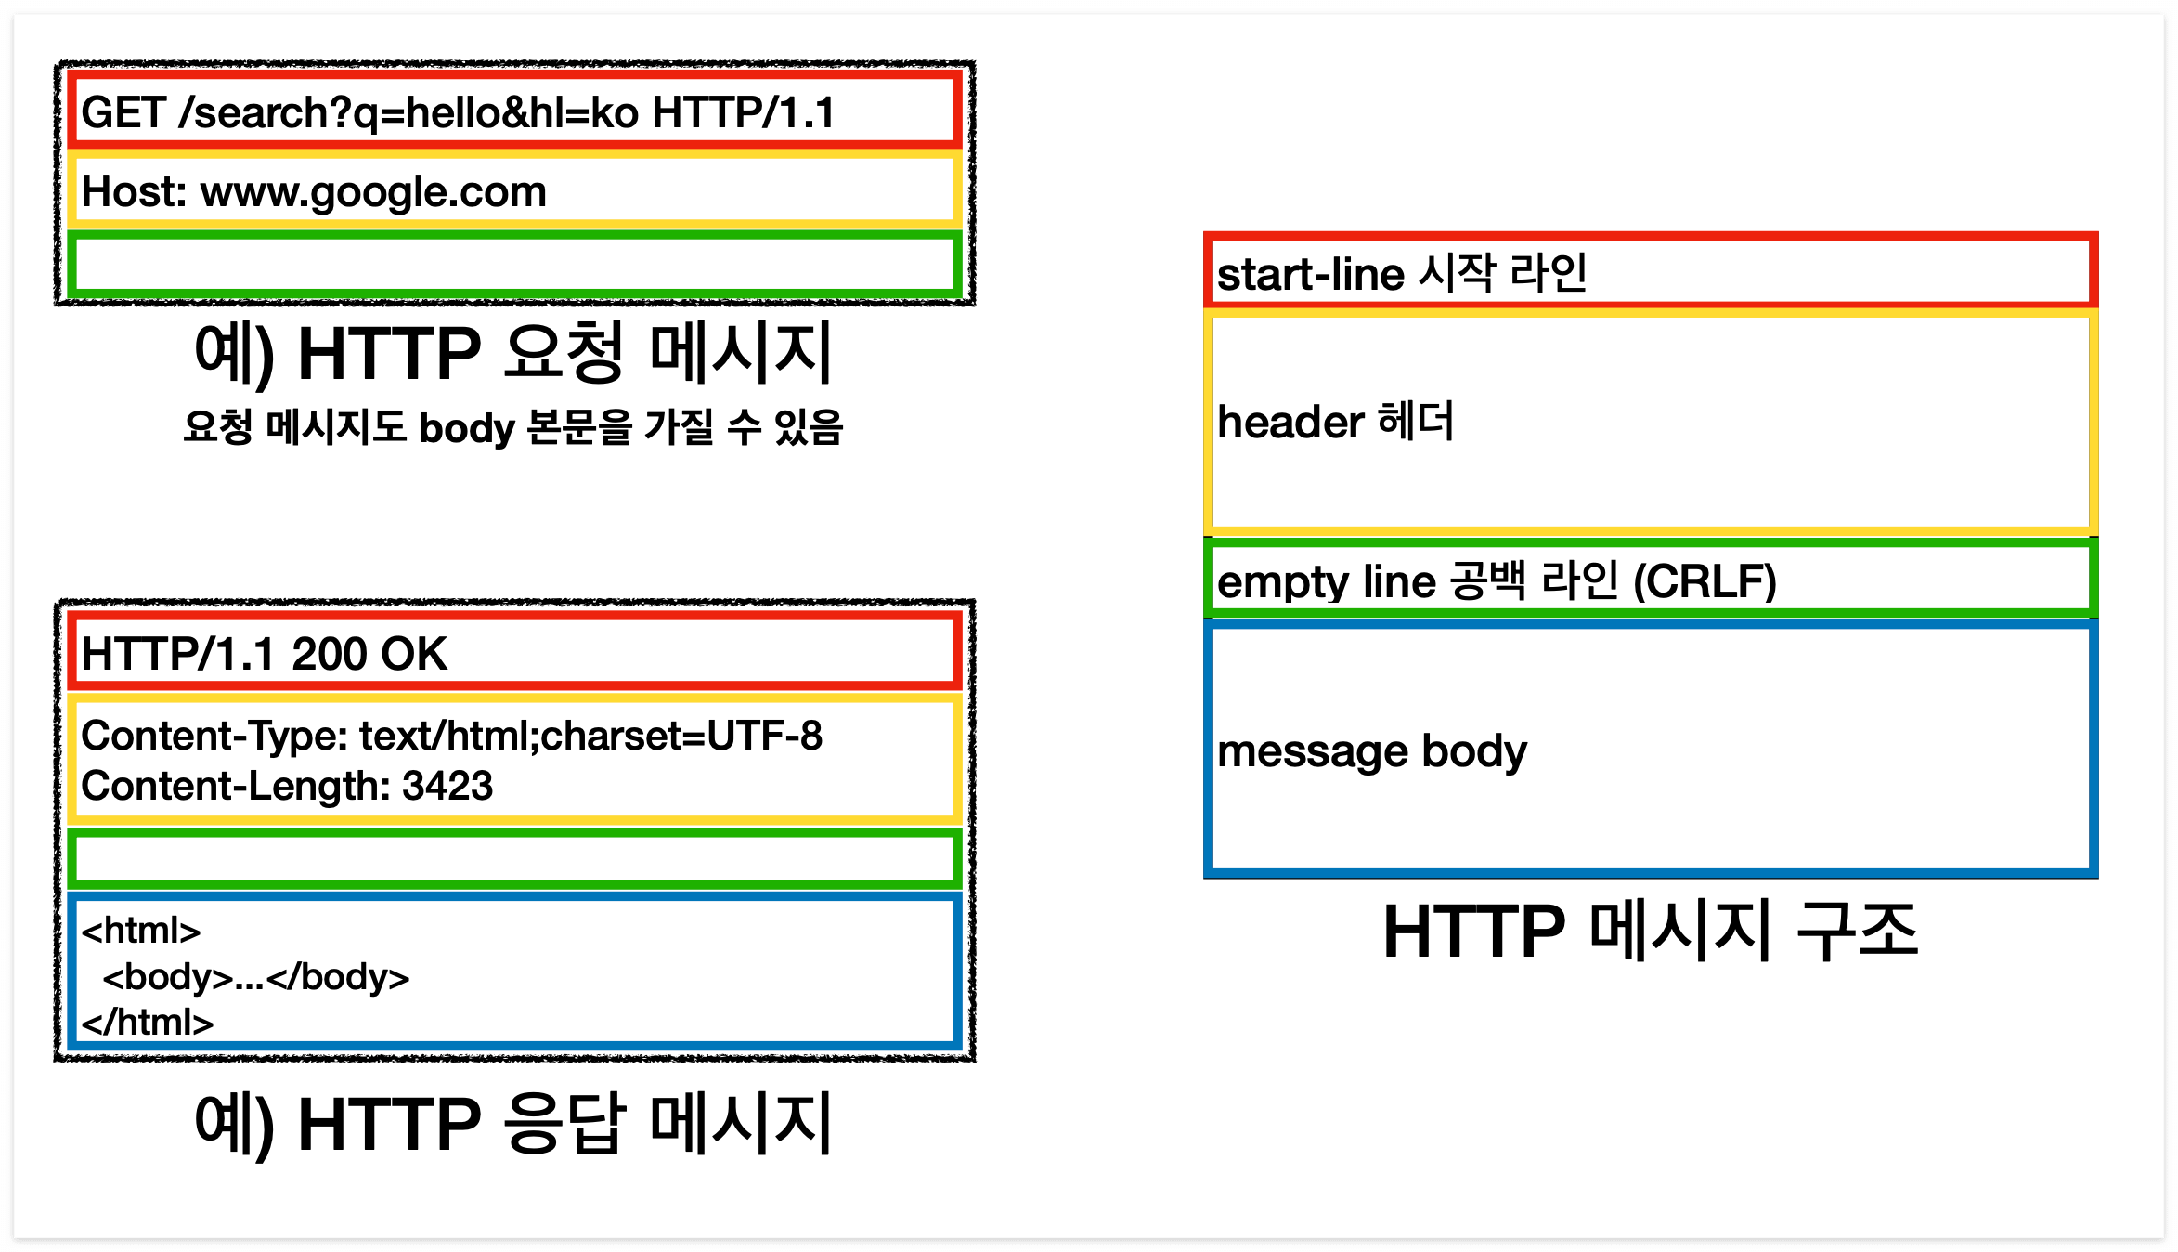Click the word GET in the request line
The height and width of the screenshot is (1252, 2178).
[123, 113]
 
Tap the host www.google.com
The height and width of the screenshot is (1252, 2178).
[373, 192]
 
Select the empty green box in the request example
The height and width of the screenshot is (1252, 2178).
[513, 265]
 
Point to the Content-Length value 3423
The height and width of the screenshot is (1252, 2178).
[447, 787]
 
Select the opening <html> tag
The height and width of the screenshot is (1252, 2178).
[141, 931]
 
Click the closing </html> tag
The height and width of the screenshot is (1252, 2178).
[148, 1023]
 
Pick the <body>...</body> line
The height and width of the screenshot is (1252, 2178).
[256, 977]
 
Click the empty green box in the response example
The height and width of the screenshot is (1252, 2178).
[513, 859]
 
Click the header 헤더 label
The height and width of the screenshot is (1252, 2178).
[1335, 423]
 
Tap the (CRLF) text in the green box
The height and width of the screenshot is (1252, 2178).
[1705, 582]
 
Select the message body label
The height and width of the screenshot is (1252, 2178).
[1372, 752]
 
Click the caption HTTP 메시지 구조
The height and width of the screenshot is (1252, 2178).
[1650, 932]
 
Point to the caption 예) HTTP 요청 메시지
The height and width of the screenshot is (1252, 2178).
[513, 354]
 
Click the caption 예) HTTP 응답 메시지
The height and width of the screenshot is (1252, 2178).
[513, 1124]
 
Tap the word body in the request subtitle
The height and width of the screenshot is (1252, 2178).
[466, 429]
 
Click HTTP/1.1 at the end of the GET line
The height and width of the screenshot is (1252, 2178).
[744, 113]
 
